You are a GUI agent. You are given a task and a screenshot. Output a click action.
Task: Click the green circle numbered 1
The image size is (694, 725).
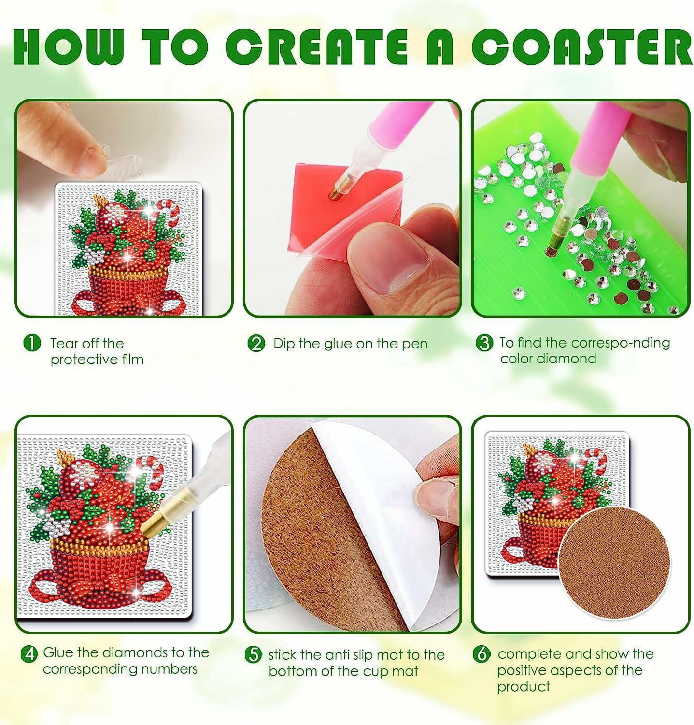point(32,344)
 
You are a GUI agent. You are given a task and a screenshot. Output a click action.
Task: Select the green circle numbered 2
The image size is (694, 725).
point(256,344)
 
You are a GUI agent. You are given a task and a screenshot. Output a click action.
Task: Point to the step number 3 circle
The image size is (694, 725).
point(484,343)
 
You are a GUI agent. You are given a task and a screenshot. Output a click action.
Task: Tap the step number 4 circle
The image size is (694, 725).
point(29,653)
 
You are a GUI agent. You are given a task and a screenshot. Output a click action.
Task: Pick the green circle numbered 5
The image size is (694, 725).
point(254,655)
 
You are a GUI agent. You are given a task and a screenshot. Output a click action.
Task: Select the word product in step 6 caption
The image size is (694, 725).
point(524,687)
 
